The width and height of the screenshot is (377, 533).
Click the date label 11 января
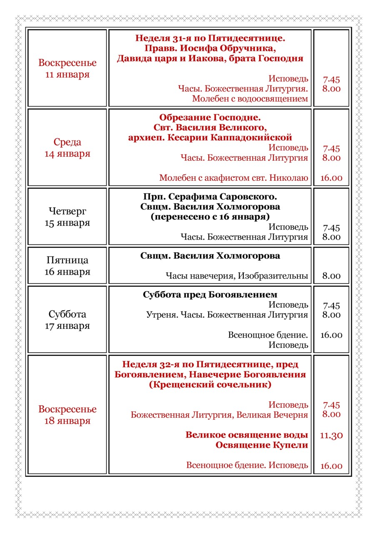coord(67,75)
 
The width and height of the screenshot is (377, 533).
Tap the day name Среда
coord(67,142)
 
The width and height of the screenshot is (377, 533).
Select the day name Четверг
coord(67,211)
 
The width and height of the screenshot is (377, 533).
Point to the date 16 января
coord(67,272)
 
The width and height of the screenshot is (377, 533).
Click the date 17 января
coord(67,326)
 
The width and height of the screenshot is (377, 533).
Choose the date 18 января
coord(67,421)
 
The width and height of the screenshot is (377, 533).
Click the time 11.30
coord(331,436)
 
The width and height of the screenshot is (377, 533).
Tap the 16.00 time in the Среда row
coord(331,178)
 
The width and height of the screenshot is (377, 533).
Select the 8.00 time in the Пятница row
coord(331,276)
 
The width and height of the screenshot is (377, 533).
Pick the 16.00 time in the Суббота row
coord(331,335)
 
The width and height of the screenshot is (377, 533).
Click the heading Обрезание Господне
coord(210,117)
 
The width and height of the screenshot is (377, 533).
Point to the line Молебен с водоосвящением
coord(250,99)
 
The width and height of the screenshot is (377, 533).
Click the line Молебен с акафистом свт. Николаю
coord(234,178)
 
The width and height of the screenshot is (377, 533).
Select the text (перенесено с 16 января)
coord(210,217)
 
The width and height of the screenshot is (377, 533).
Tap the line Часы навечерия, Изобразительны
coord(237,276)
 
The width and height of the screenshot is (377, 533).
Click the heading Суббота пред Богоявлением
coord(210,295)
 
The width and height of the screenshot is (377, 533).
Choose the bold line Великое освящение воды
coord(247,435)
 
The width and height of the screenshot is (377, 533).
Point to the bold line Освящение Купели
coord(262,445)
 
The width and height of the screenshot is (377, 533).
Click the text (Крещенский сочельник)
coord(210,384)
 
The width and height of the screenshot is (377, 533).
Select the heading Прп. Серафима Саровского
coord(210,196)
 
